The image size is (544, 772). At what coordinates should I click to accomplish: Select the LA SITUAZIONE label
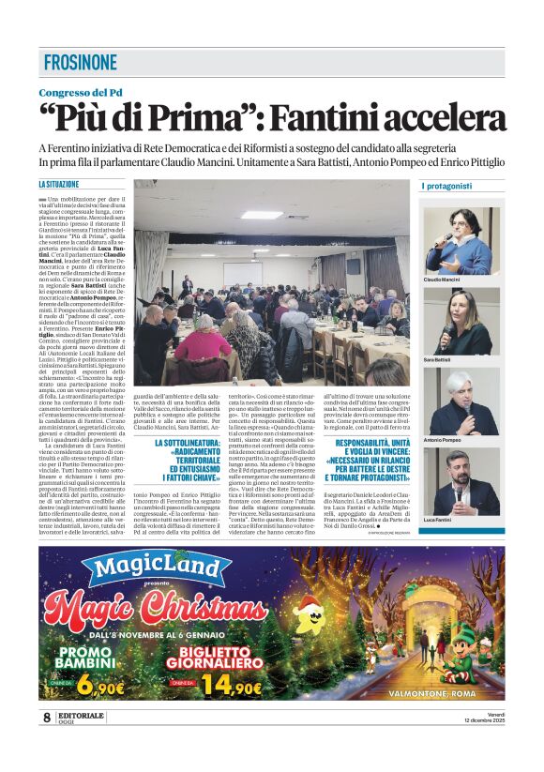59,185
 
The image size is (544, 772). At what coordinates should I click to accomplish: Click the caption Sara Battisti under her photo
439,360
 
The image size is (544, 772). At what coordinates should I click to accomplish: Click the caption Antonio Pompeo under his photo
443,440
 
